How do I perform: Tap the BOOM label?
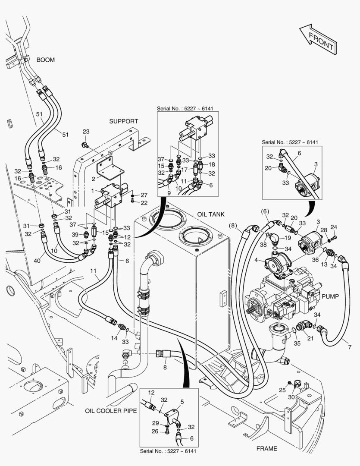pos(45,60)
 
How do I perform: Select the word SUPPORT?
pos(123,121)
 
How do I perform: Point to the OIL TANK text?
pos(211,214)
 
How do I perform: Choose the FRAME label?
pos(266,448)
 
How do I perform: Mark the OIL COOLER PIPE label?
pos(111,411)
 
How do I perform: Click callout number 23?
pos(86,132)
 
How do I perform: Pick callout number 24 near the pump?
pos(333,227)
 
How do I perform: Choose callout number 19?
pos(288,237)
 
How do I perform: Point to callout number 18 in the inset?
pos(211,165)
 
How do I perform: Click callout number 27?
pos(144,195)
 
